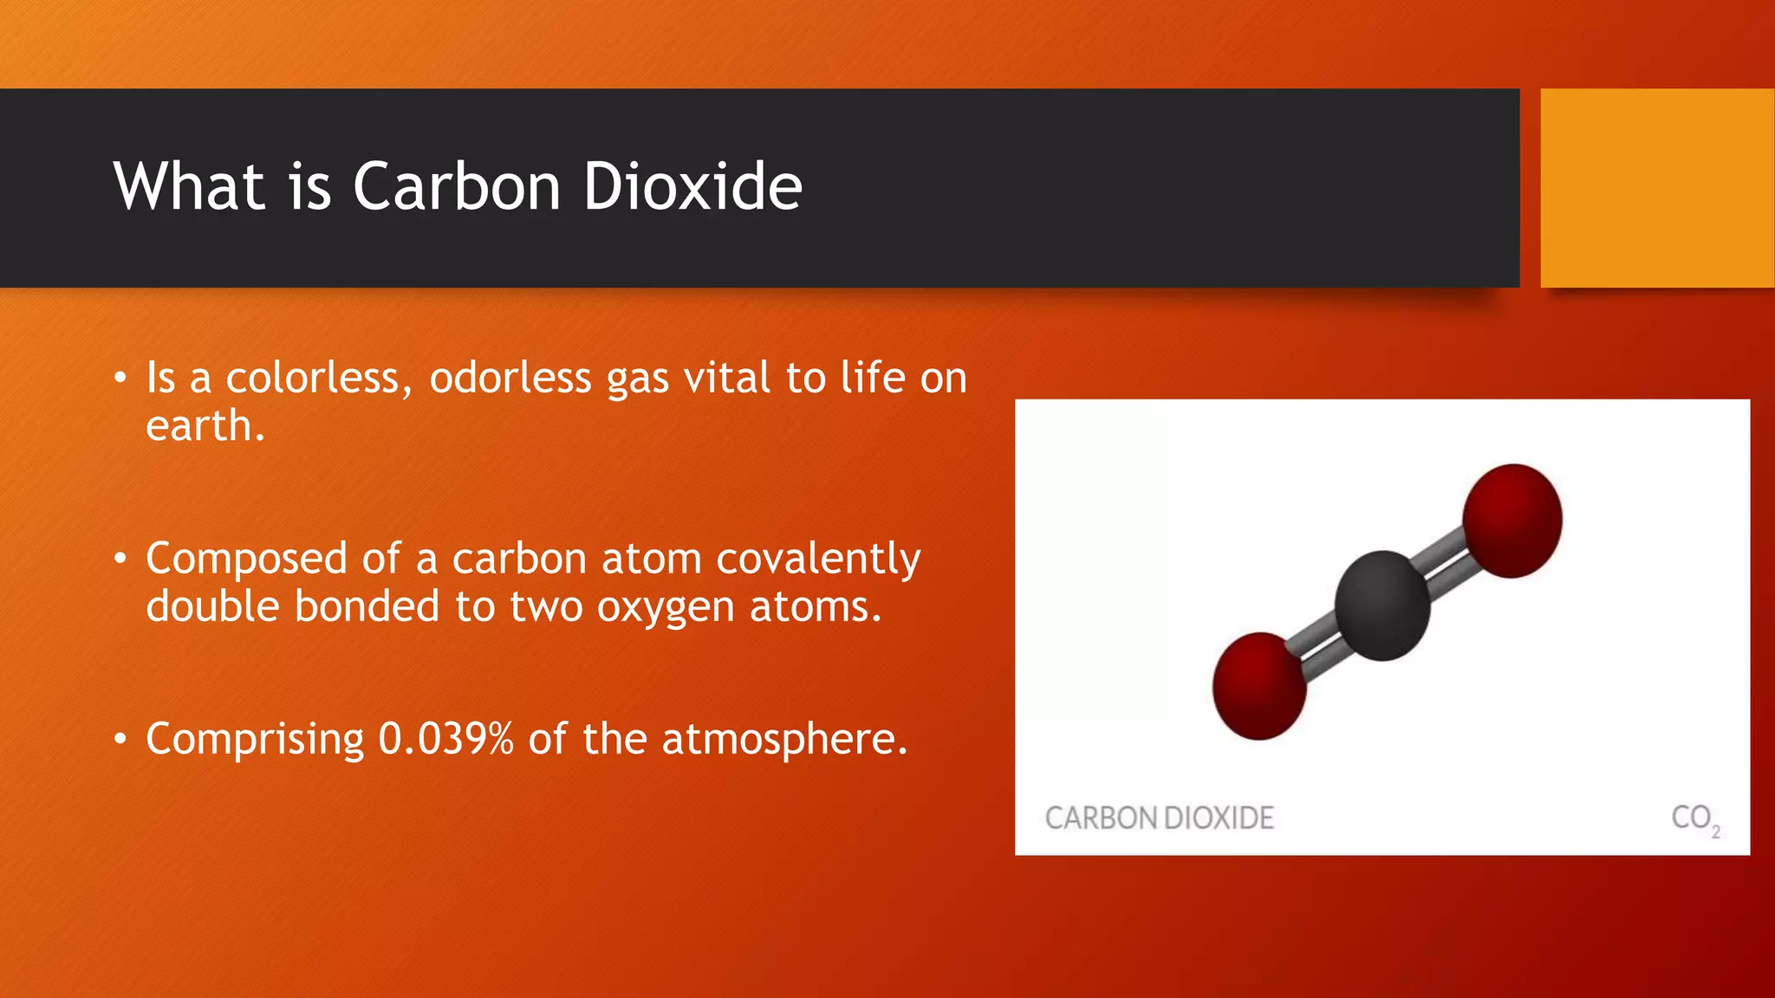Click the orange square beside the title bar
point(1657,188)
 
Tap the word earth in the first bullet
point(199,426)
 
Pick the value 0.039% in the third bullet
point(446,739)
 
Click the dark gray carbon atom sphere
point(1382,606)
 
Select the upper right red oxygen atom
point(1512,521)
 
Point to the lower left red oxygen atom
point(1259,686)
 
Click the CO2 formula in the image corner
point(1694,819)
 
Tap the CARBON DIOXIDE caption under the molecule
point(1159,818)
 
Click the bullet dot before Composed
point(120,559)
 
